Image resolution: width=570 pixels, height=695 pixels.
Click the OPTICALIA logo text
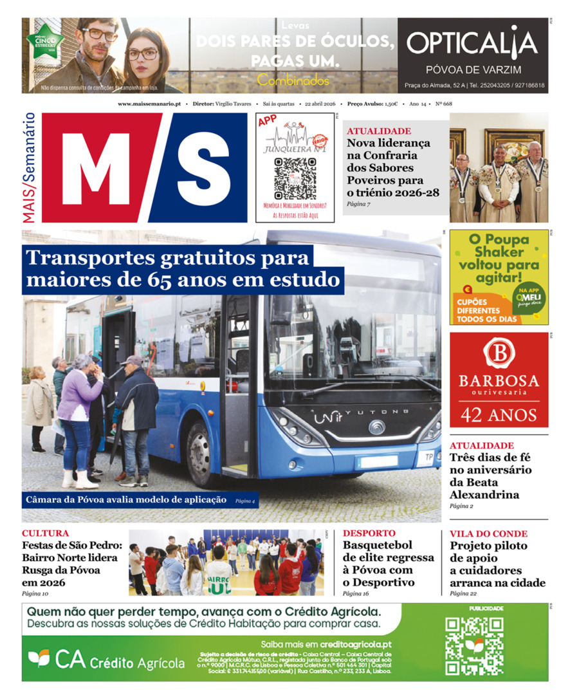(472, 43)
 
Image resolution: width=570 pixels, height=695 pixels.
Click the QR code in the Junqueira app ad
(295, 178)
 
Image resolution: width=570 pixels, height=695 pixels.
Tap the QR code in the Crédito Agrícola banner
(474, 645)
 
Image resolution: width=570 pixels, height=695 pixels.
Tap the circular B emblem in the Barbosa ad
(499, 352)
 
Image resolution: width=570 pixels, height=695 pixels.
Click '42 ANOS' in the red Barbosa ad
(499, 414)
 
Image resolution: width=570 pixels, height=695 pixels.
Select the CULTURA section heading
(45, 533)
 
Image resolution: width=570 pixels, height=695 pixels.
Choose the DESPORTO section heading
(369, 533)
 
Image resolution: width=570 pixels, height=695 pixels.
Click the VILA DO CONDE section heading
(488, 533)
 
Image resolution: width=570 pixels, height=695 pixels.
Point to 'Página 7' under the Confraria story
(358, 204)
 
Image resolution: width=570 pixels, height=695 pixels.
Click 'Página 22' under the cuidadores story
(463, 594)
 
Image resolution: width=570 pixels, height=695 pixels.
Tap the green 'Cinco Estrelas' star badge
(41, 42)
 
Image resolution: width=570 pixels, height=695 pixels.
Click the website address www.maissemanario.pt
(149, 104)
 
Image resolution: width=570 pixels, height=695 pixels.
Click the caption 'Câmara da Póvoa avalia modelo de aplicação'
(126, 499)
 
